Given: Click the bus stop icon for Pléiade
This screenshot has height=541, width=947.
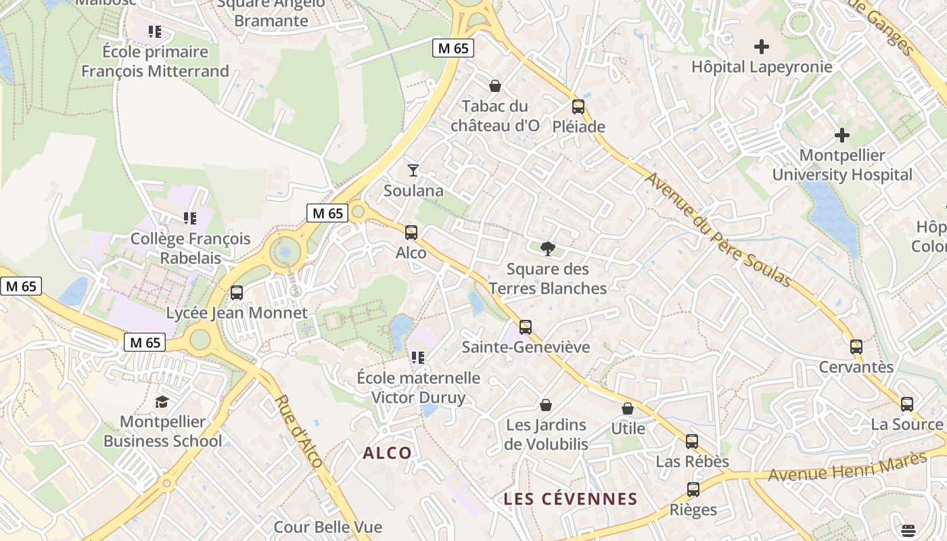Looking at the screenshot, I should click(578, 106).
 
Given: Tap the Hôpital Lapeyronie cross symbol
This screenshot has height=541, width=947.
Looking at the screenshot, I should click(762, 47).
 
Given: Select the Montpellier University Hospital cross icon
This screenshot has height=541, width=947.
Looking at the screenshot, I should click(841, 135).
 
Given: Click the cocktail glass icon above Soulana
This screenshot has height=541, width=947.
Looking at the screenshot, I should click(413, 170).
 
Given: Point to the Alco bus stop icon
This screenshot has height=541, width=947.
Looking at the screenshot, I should click(411, 233).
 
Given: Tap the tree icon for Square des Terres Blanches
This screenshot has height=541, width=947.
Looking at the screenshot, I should click(547, 248).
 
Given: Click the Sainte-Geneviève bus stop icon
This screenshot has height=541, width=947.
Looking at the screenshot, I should click(525, 327).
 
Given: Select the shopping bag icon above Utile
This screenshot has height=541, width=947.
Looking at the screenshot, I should click(628, 408).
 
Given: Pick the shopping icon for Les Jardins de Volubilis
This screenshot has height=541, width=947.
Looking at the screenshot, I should click(545, 405).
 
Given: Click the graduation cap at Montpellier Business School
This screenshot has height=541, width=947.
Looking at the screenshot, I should click(162, 402).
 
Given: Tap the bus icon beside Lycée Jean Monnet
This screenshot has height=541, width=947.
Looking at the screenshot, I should click(236, 293).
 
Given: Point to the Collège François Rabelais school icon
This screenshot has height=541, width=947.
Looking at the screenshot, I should click(190, 218).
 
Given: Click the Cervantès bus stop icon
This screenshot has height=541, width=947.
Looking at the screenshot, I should click(856, 347).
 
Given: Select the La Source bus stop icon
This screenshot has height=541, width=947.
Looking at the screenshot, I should click(906, 404).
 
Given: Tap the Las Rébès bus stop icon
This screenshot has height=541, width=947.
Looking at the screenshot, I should click(691, 442).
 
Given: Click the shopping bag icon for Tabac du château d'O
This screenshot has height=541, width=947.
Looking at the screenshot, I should click(495, 86).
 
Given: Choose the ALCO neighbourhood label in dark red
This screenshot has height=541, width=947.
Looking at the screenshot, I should click(387, 453).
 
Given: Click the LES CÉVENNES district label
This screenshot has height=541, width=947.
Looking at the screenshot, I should click(570, 499).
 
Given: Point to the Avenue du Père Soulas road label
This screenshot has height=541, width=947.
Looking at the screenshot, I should click(718, 230).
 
